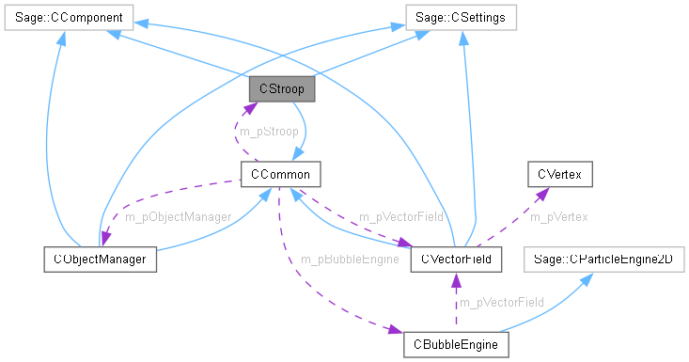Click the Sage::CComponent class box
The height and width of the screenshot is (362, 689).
(68, 18)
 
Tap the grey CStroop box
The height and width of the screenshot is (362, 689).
(281, 89)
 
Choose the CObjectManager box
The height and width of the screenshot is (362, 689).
(100, 258)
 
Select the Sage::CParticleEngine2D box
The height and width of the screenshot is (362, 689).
(604, 258)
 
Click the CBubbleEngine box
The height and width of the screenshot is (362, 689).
(456, 343)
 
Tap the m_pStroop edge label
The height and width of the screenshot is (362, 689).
(269, 132)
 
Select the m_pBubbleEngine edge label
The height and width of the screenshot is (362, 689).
(349, 259)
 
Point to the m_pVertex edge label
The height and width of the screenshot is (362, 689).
(558, 216)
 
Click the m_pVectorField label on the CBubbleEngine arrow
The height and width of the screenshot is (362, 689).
(500, 301)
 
